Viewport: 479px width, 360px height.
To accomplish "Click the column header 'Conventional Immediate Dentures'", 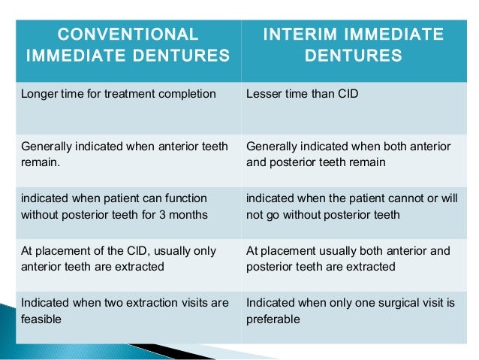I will [x=128, y=44].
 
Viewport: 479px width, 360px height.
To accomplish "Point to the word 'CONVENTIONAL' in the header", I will [x=128, y=35].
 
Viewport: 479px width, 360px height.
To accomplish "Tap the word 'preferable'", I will [x=273, y=319].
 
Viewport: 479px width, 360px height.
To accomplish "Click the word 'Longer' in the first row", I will [x=40, y=95].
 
